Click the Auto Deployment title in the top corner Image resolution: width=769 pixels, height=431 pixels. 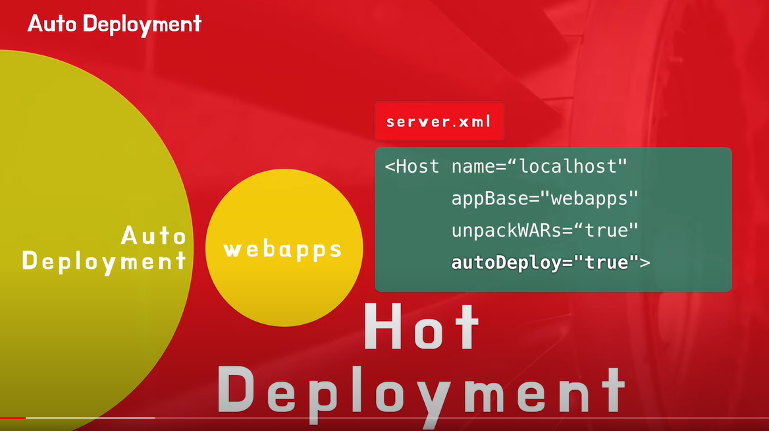(114, 24)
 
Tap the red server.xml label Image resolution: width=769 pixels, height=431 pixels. (438, 122)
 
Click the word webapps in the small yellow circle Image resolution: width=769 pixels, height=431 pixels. (283, 250)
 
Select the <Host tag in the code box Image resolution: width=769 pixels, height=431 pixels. (412, 167)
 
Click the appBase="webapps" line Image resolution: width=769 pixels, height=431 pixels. (545, 198)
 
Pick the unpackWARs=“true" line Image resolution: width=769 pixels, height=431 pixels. (545, 231)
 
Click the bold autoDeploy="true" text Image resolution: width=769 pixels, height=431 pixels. (540, 262)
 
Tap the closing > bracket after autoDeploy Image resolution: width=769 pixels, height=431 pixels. (645, 263)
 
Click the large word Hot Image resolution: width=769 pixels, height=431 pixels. (421, 327)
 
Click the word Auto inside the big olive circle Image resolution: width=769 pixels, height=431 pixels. (154, 235)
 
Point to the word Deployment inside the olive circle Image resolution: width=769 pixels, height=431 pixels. (104, 261)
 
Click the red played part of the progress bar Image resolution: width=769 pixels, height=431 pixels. (13, 418)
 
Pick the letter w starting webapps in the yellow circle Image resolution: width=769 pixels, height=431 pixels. (233, 250)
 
